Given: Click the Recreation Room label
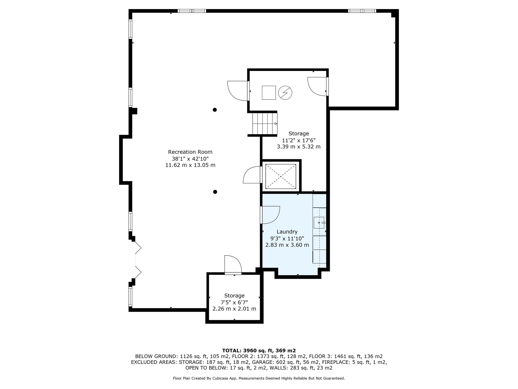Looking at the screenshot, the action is click(x=190, y=152).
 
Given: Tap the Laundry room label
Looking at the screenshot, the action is click(x=287, y=232).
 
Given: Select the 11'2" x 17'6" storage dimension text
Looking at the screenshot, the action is click(x=299, y=140).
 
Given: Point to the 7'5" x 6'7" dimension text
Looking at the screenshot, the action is click(x=234, y=302).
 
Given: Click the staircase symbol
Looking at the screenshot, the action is click(x=265, y=124).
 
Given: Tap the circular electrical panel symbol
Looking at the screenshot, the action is click(x=285, y=93).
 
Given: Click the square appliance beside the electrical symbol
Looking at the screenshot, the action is click(x=269, y=93).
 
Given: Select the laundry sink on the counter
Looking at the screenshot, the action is click(x=319, y=223).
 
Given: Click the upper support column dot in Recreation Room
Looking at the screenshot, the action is click(x=215, y=110).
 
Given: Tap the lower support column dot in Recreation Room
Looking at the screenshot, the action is click(x=215, y=192).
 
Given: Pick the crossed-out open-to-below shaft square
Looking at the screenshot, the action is click(x=280, y=177).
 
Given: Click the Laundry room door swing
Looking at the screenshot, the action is click(x=270, y=215).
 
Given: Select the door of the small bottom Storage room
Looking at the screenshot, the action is click(x=233, y=265).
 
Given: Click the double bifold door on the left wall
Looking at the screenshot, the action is click(x=138, y=260).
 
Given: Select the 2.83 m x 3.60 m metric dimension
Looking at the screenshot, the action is click(x=287, y=245).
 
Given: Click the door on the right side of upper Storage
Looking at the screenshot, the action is click(x=318, y=87).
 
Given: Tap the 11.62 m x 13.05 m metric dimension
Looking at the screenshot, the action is click(x=190, y=165).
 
